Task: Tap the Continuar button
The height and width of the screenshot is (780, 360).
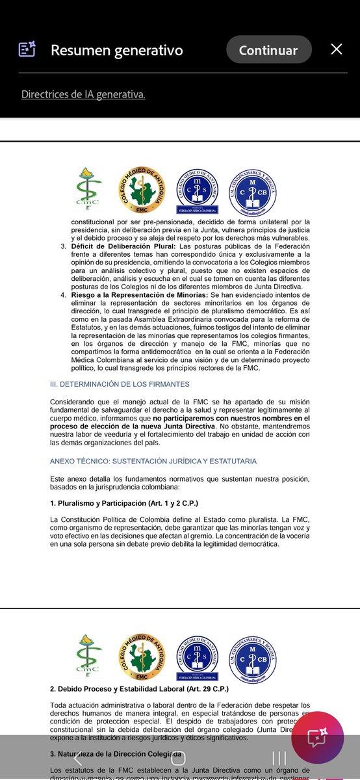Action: [x=268, y=50]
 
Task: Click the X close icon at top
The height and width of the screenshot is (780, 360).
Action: [x=336, y=49]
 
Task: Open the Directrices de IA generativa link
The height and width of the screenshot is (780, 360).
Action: [x=83, y=94]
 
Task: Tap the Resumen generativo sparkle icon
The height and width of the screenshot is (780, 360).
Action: [x=27, y=49]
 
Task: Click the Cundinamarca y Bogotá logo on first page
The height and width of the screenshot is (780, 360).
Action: [x=253, y=190]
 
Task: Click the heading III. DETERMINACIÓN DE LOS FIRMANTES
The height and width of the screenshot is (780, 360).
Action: [x=120, y=384]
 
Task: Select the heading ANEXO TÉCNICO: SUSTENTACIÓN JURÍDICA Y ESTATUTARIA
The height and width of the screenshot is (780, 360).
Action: [x=153, y=461]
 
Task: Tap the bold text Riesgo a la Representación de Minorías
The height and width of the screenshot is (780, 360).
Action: [x=139, y=295]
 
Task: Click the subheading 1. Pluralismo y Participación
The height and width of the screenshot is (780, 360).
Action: [x=124, y=503]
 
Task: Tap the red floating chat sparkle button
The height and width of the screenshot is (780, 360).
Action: [x=317, y=738]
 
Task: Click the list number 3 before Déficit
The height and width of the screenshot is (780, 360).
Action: [x=63, y=246]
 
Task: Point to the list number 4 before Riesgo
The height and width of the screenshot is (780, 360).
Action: [x=63, y=295]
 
